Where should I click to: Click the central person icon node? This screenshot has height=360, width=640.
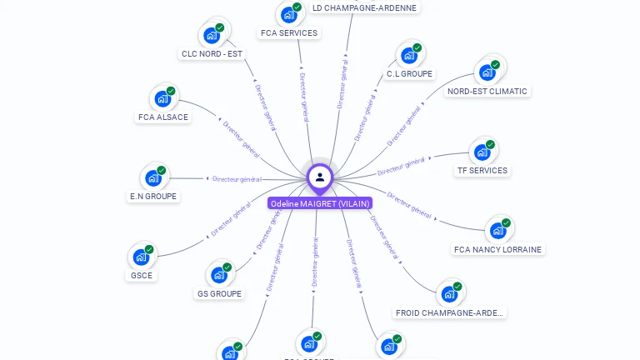320,177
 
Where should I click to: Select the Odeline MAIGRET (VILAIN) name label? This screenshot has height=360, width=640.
320,203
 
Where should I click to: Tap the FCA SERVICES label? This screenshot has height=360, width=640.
289,33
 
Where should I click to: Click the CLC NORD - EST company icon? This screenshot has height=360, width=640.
211,36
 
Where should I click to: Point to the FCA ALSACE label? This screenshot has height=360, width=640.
163,117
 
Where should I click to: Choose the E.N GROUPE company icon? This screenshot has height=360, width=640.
152,177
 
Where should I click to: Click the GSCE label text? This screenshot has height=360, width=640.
142,276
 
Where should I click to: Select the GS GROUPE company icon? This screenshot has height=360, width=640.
218,274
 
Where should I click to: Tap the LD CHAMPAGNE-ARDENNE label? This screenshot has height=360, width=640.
364,7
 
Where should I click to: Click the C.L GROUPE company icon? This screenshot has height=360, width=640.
408,55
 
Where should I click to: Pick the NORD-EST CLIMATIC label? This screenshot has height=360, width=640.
487,92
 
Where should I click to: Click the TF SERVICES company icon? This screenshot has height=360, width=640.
482,152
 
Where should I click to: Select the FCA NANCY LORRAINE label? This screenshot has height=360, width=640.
497,249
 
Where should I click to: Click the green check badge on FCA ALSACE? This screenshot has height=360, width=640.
171,91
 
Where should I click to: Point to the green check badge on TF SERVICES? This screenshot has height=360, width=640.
490,144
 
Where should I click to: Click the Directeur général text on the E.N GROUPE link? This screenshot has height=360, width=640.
237,178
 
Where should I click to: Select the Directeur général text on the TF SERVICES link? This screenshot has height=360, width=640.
402,166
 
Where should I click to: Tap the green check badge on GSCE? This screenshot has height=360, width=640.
149,249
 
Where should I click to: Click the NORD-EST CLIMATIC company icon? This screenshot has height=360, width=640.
487,72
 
